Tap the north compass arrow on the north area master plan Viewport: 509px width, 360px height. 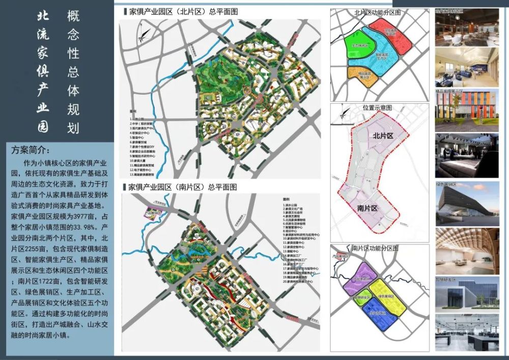[x=144, y=35]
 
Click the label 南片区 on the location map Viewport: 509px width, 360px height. [x=367, y=208]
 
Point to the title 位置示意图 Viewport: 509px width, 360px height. [x=377, y=108]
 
